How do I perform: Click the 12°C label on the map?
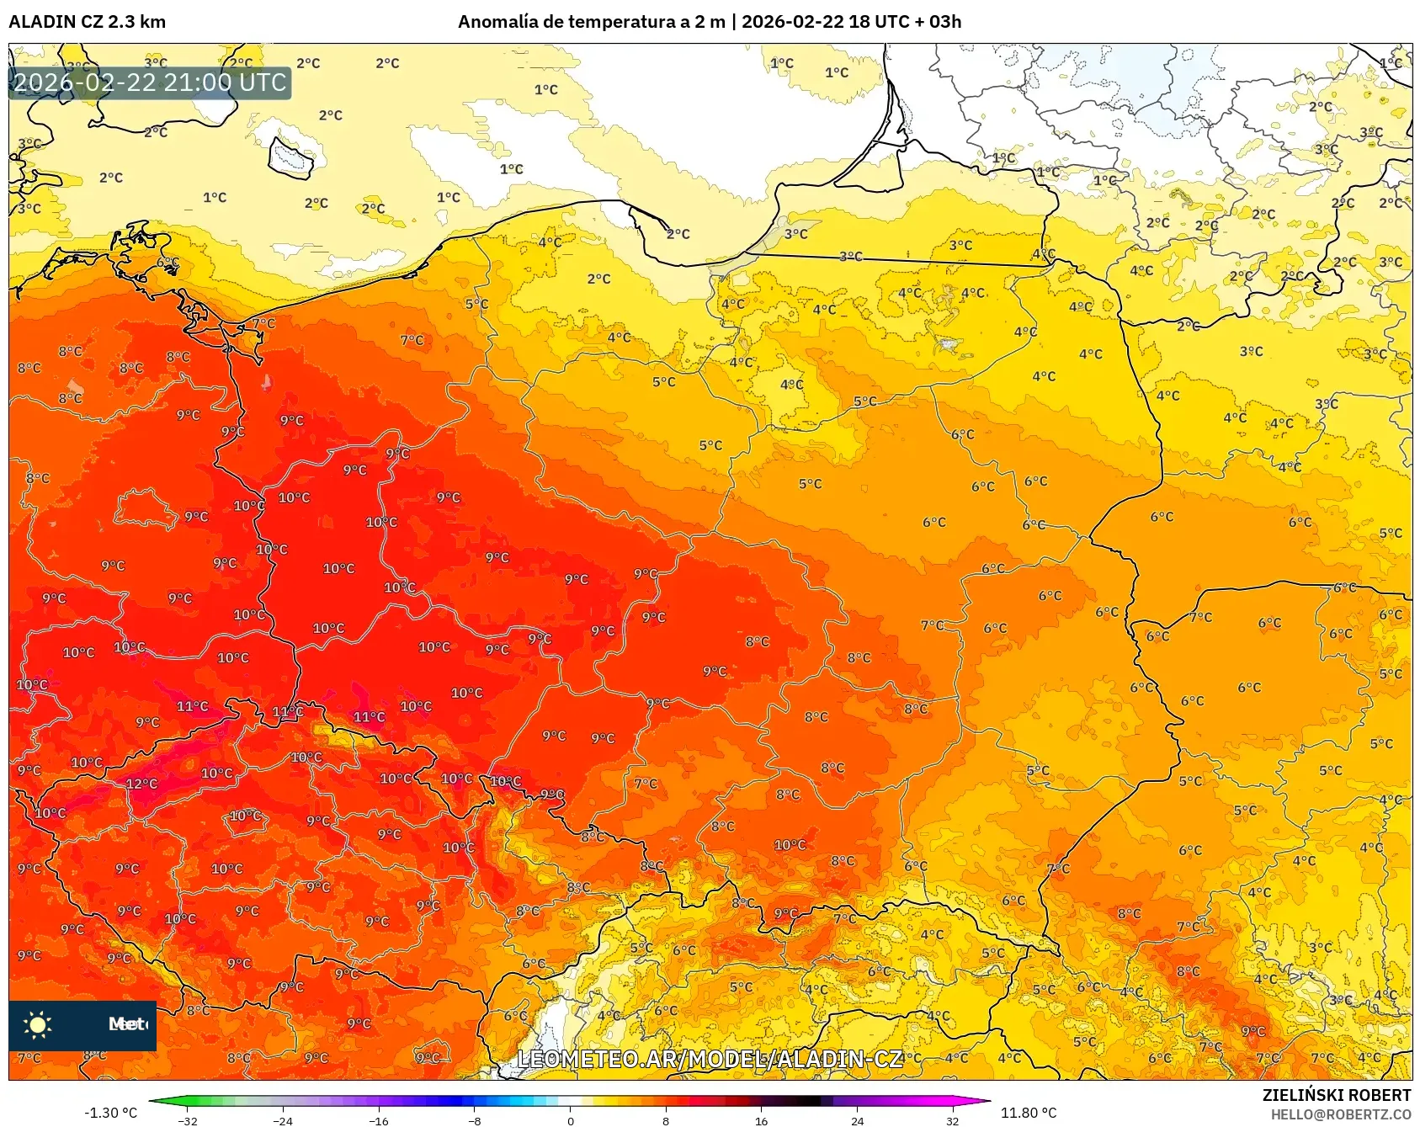141,784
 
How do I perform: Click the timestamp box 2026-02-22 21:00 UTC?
150,82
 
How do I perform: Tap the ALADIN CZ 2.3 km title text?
87,22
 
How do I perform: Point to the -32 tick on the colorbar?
189,1120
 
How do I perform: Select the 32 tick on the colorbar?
952,1120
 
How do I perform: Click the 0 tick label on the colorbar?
571,1120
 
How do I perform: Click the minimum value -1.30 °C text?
110,1113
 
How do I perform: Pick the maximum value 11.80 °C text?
1028,1113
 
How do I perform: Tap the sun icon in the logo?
37,1024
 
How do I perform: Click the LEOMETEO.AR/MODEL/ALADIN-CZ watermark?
710,1059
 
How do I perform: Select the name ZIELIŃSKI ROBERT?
1336,1095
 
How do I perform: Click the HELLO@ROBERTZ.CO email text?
1340,1114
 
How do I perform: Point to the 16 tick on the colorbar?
761,1120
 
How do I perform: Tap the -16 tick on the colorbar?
379,1120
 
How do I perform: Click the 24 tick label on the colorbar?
857,1120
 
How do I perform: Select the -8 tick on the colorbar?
475,1120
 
